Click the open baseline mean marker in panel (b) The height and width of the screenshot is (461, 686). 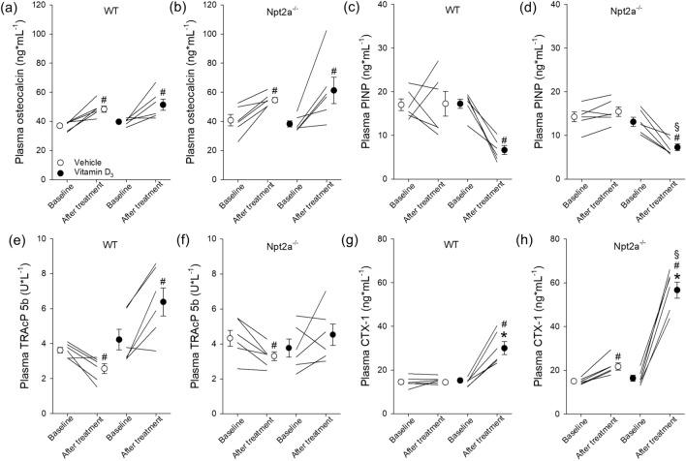tap(230, 120)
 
